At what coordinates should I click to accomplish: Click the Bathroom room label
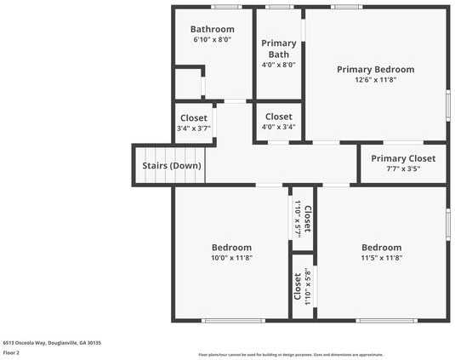click(212, 29)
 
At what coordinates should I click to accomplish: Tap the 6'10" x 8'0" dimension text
click(212, 40)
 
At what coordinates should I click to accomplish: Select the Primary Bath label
click(278, 49)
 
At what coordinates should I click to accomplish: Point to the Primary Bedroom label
click(375, 69)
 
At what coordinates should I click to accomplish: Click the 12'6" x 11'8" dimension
click(375, 80)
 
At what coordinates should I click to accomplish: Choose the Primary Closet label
click(403, 158)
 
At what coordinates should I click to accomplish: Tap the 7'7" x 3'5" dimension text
click(403, 169)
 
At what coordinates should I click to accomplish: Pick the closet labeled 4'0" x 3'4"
click(278, 122)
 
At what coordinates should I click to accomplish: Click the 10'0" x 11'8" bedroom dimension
click(231, 258)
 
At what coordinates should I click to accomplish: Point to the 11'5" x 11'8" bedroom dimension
click(381, 258)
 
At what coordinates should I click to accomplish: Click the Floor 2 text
click(11, 351)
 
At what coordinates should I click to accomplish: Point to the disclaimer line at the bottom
click(291, 354)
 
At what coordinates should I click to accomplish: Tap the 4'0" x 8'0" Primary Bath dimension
click(278, 64)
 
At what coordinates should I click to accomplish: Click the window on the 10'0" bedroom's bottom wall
click(232, 321)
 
